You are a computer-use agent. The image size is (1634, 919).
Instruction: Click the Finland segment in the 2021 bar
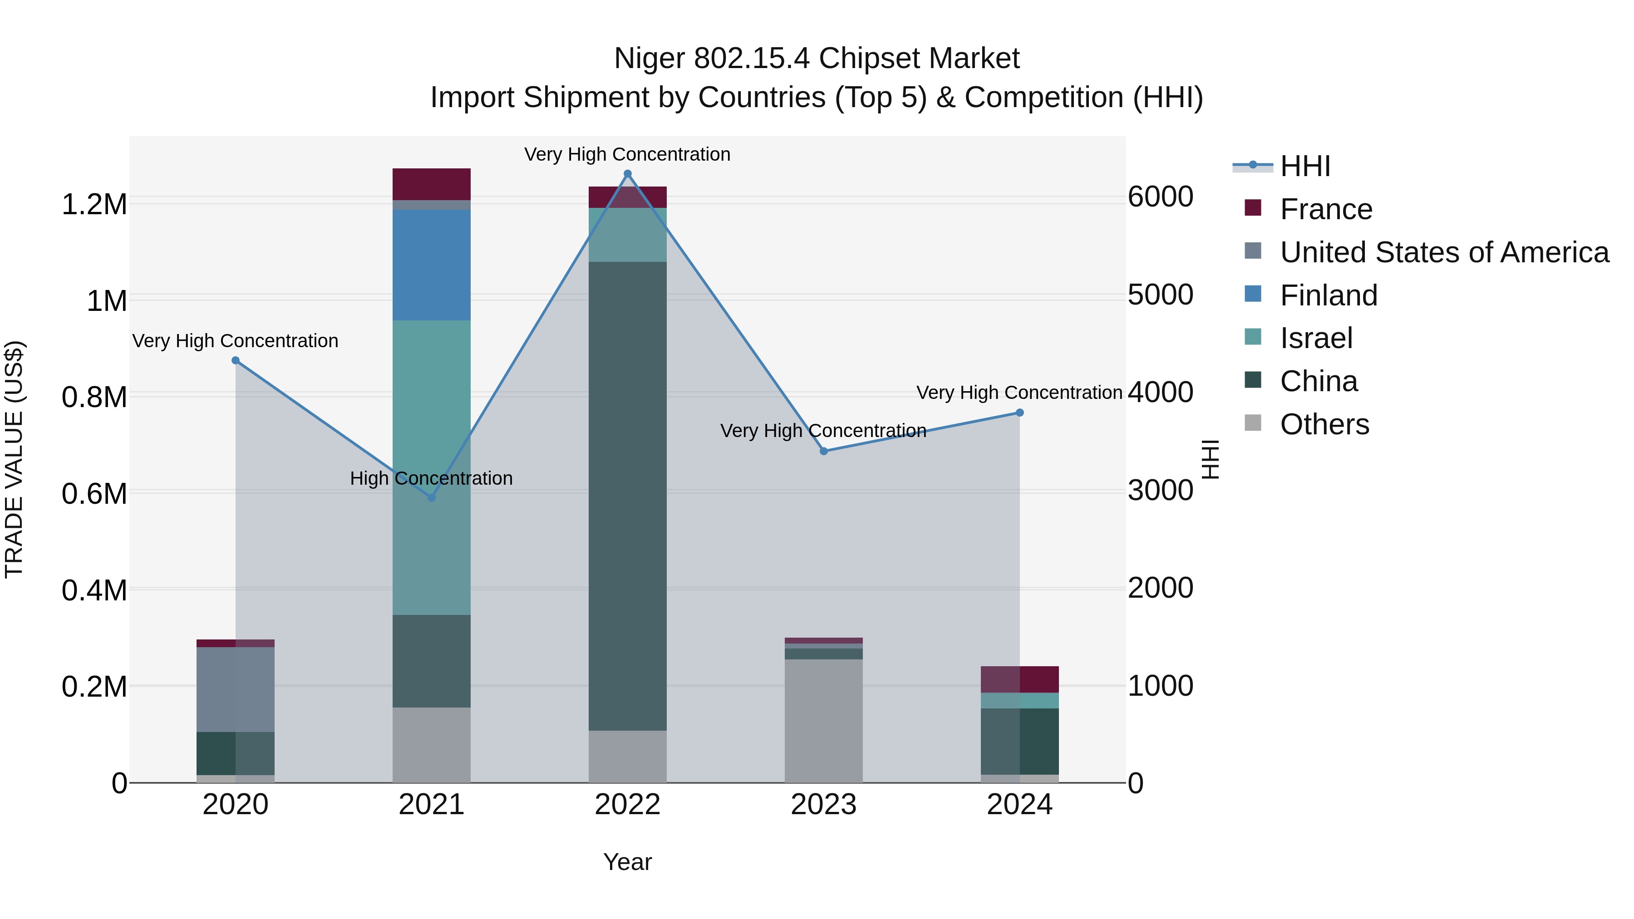[431, 265]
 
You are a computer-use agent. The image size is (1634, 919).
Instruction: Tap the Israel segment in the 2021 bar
[431, 412]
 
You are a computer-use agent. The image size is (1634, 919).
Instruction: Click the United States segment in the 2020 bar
[235, 689]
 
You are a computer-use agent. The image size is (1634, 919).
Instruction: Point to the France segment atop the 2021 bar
[431, 184]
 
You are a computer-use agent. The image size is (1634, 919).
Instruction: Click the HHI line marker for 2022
[627, 174]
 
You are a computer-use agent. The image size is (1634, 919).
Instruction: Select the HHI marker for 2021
[431, 498]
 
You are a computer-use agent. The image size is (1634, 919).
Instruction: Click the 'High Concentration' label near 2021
[431, 478]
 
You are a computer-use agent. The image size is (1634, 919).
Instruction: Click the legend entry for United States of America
[1444, 252]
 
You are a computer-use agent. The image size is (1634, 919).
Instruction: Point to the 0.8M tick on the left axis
[94, 398]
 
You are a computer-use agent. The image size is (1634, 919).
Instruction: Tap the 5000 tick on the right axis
[1160, 295]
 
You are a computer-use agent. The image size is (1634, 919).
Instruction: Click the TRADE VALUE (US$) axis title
[14, 459]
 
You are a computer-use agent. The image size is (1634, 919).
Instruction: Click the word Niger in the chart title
[649, 59]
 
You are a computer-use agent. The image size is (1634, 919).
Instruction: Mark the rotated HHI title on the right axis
[1210, 459]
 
